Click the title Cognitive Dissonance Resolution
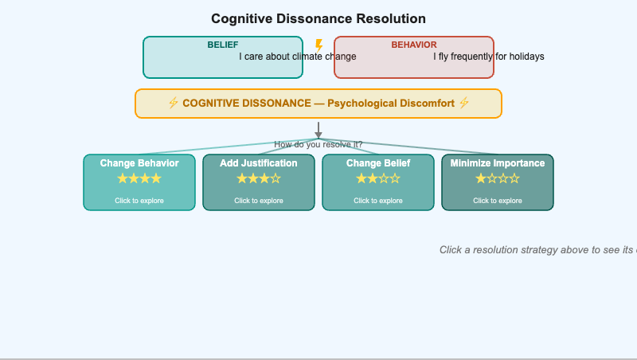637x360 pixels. pos(318,18)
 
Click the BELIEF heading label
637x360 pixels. pos(223,45)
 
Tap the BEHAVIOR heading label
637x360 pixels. pos(414,45)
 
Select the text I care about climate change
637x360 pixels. pos(298,57)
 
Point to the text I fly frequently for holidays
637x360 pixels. pos(489,57)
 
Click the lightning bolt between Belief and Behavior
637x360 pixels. pos(318,45)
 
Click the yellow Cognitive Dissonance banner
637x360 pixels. pos(318,104)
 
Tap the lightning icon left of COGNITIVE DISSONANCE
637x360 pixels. pos(173,103)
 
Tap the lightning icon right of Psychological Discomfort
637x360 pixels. pos(464,103)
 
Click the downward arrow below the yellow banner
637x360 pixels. pos(318,130)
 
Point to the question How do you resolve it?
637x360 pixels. pos(318,144)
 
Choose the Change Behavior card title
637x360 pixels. pos(139,163)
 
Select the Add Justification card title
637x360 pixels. pos(259,163)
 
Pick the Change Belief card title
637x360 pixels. pos(378,163)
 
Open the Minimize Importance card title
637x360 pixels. pos(498,163)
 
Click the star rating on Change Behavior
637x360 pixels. pos(139,178)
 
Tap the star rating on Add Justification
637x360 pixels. pos(259,178)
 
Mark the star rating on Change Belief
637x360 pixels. pos(378,178)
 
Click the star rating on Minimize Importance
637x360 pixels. pos(498,178)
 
